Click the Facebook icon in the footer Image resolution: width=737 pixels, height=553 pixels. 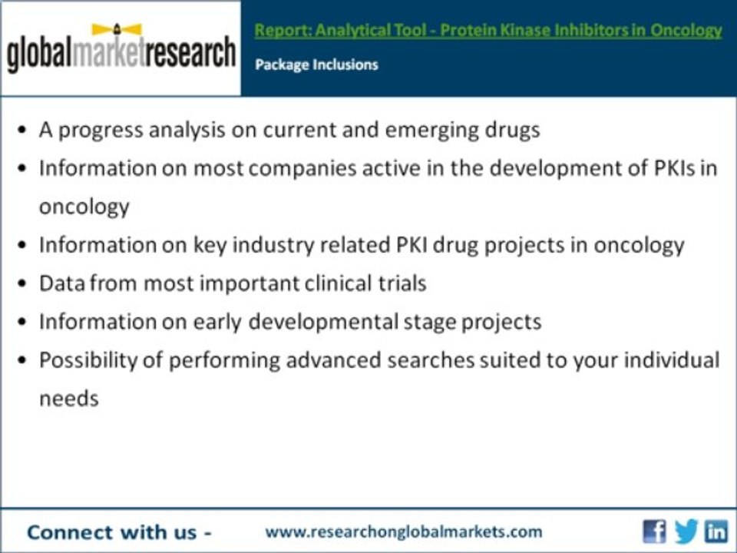(654, 531)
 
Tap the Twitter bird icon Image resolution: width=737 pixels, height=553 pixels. (686, 531)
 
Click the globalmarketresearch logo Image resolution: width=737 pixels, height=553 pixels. (121, 50)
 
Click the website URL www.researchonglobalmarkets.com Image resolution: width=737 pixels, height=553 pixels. (403, 531)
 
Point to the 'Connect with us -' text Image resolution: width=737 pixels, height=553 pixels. (119, 532)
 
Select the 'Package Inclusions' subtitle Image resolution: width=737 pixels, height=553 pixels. (316, 65)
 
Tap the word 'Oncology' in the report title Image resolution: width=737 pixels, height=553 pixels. (686, 31)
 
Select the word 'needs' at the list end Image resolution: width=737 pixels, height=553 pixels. (69, 399)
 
